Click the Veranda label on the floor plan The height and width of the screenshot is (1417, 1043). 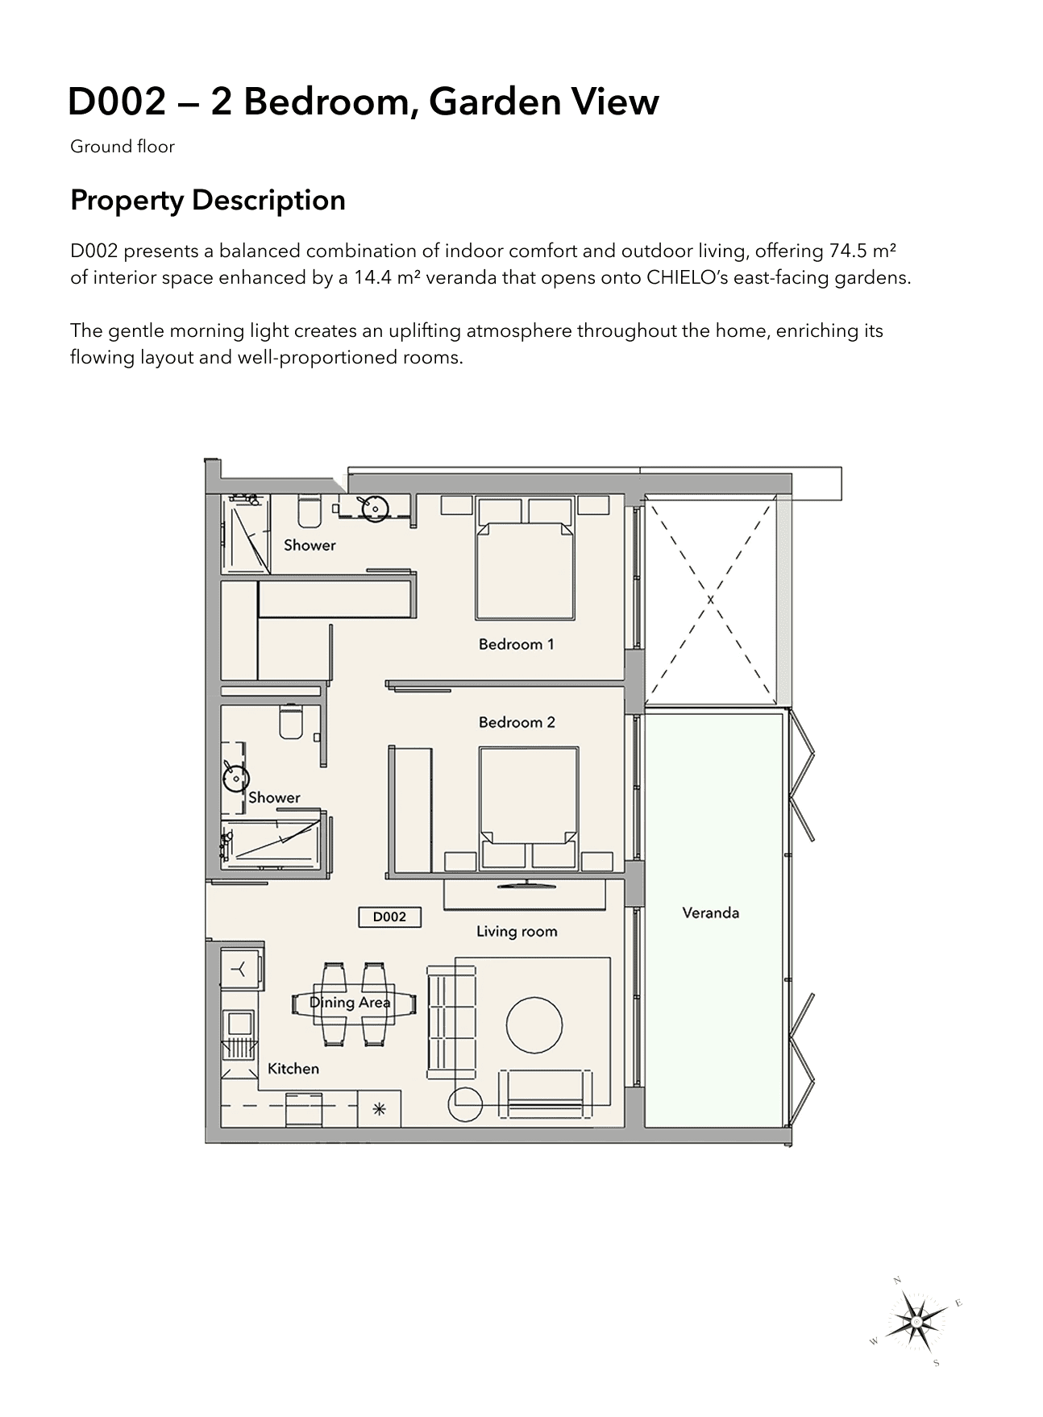click(x=710, y=913)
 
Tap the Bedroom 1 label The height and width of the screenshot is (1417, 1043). click(x=516, y=644)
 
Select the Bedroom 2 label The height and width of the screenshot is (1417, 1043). click(x=517, y=722)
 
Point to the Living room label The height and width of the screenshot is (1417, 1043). click(x=517, y=932)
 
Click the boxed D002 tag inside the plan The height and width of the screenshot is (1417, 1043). click(x=389, y=916)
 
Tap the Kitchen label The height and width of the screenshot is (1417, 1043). click(x=293, y=1069)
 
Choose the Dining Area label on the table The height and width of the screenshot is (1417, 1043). click(x=350, y=1003)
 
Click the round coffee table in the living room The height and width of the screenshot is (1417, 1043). click(x=534, y=1025)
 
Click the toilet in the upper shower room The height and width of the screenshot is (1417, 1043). click(x=310, y=511)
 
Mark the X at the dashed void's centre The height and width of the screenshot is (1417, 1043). click(x=710, y=600)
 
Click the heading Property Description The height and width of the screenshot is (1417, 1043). click(x=208, y=200)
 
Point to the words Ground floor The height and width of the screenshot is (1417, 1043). click(x=123, y=147)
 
